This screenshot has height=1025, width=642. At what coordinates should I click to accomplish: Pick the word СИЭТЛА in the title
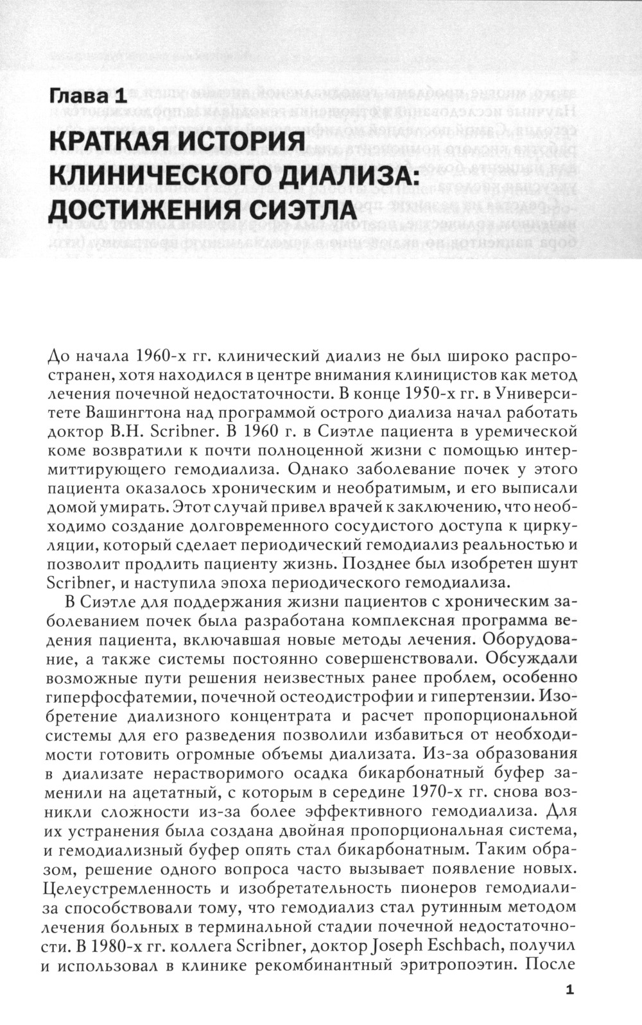(301, 209)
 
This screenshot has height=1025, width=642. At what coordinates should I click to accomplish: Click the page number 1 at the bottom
(569, 990)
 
